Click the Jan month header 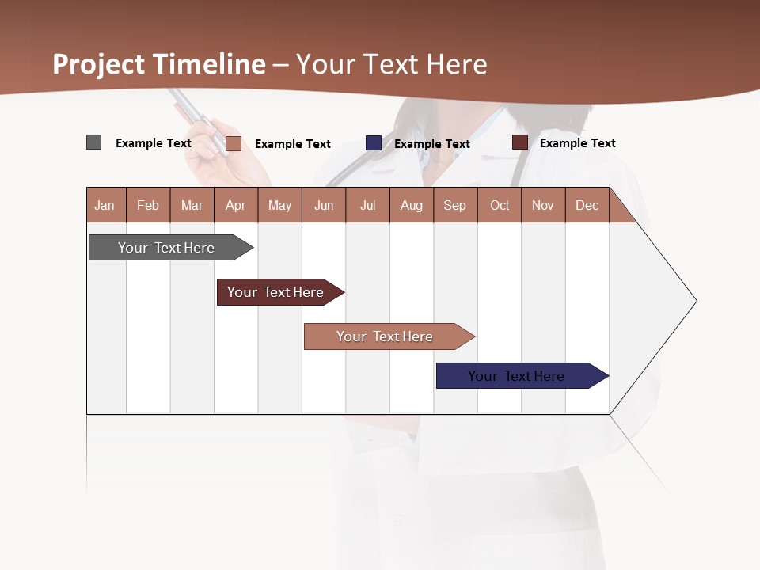click(104, 205)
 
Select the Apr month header click(235, 205)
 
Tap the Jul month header click(367, 205)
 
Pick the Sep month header click(454, 205)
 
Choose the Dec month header click(587, 205)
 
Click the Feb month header click(148, 205)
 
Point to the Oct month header click(500, 205)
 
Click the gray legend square click(93, 142)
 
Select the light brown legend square click(234, 143)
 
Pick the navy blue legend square click(374, 143)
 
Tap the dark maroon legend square click(520, 142)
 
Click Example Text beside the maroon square click(577, 143)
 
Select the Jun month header click(324, 205)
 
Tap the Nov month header click(543, 205)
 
